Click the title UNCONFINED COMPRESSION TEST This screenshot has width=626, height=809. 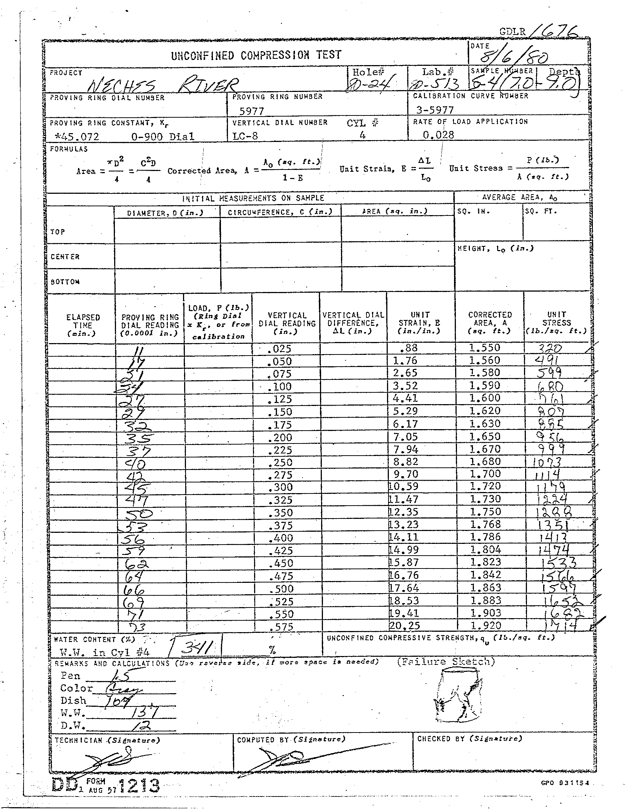[256, 55]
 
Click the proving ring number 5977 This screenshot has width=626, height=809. [252, 111]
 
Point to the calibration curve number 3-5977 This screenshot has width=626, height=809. [435, 110]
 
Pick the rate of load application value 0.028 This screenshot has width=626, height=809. [438, 135]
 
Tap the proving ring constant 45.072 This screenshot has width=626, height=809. [77, 137]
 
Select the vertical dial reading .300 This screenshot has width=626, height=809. [282, 487]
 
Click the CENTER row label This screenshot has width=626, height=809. [65, 257]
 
